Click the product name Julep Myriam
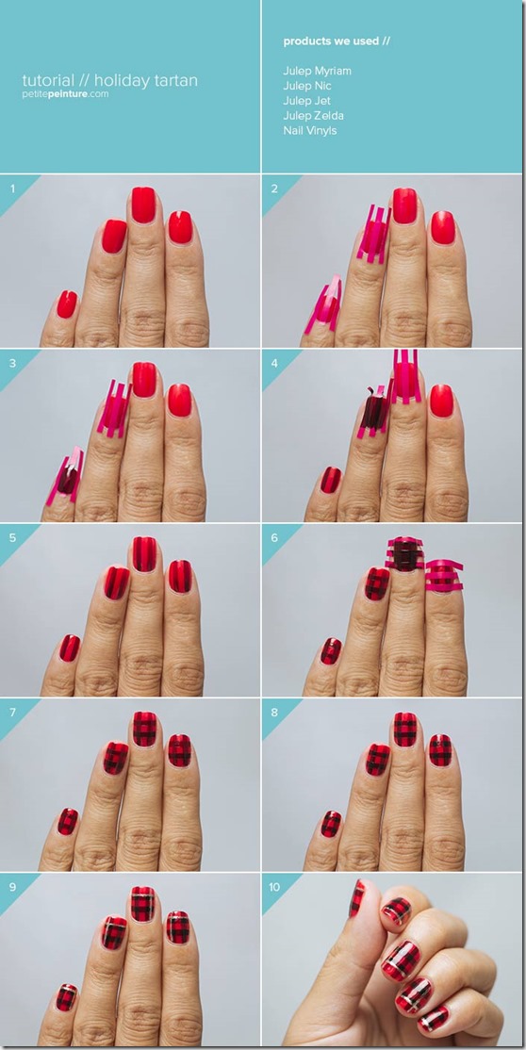pyautogui.click(x=317, y=71)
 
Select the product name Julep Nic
pyautogui.click(x=307, y=86)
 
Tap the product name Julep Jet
pyautogui.click(x=306, y=101)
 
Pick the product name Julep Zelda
pyautogui.click(x=313, y=116)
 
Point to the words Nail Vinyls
pyautogui.click(x=309, y=131)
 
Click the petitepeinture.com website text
pyautogui.click(x=65, y=94)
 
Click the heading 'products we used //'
pyautogui.click(x=337, y=41)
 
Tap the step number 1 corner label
pyautogui.click(x=12, y=189)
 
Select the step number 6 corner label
pyautogui.click(x=274, y=538)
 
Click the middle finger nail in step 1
pyautogui.click(x=143, y=205)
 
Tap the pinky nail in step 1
pyautogui.click(x=66, y=304)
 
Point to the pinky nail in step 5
pyautogui.click(x=69, y=648)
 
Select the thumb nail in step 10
pyautogui.click(x=357, y=898)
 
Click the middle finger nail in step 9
pyautogui.click(x=142, y=903)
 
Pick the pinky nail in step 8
pyautogui.click(x=331, y=824)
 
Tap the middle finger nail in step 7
pyautogui.click(x=144, y=729)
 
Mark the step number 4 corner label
pyautogui.click(x=274, y=364)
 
